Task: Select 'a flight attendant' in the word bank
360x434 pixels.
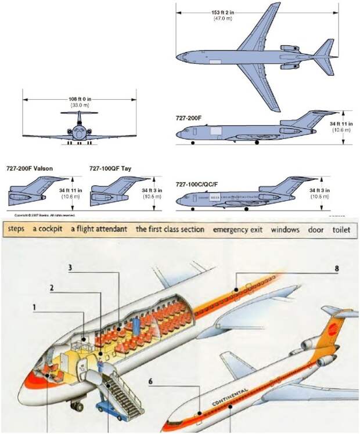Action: pyautogui.click(x=99, y=230)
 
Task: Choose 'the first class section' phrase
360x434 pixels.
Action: pyautogui.click(x=170, y=230)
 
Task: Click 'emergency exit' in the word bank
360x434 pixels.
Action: pyautogui.click(x=237, y=230)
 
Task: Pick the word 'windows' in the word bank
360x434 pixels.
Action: pyautogui.click(x=285, y=230)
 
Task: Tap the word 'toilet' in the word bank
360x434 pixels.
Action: pyautogui.click(x=342, y=230)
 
